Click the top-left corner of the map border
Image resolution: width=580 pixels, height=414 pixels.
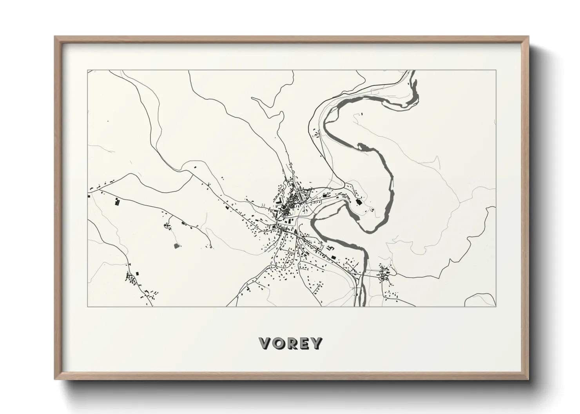click(x=87, y=70)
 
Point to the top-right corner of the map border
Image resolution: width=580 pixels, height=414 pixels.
click(x=496, y=70)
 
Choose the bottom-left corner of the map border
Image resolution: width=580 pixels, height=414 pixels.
click(x=87, y=306)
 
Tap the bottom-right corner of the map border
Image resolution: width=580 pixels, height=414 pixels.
click(x=496, y=306)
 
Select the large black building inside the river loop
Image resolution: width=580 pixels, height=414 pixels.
click(x=358, y=202)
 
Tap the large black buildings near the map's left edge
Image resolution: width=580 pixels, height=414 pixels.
click(x=117, y=202)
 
